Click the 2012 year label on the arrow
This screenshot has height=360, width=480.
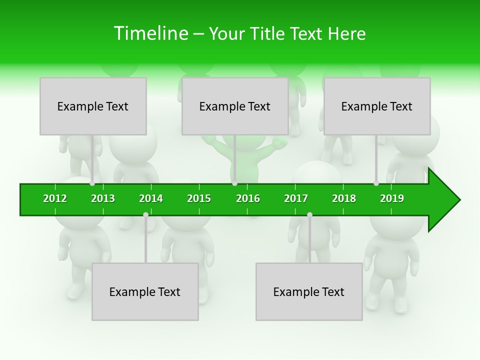[x=55, y=198]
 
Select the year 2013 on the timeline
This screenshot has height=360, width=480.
[x=103, y=198]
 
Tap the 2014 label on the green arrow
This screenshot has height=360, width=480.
[x=151, y=198]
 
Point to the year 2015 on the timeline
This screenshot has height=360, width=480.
[x=199, y=198]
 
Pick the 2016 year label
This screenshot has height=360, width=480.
[x=248, y=198]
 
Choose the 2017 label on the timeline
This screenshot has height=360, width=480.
[x=296, y=198]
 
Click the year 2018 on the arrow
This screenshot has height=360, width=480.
[x=344, y=198]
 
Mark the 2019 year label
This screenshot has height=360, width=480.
[x=392, y=198]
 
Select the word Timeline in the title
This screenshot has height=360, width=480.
[x=150, y=33]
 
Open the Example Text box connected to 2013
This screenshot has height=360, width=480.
[x=93, y=106]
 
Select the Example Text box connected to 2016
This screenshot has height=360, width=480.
[x=235, y=106]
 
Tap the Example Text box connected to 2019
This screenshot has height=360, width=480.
[x=377, y=106]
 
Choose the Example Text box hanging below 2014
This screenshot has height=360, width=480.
[x=145, y=291]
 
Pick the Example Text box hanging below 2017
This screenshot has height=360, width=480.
[x=309, y=291]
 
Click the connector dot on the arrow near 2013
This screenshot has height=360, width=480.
[x=92, y=183]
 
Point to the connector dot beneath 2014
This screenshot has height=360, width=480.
[x=145, y=214]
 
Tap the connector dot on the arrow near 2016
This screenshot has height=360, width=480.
[x=234, y=183]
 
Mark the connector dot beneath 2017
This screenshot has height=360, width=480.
[x=309, y=214]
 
